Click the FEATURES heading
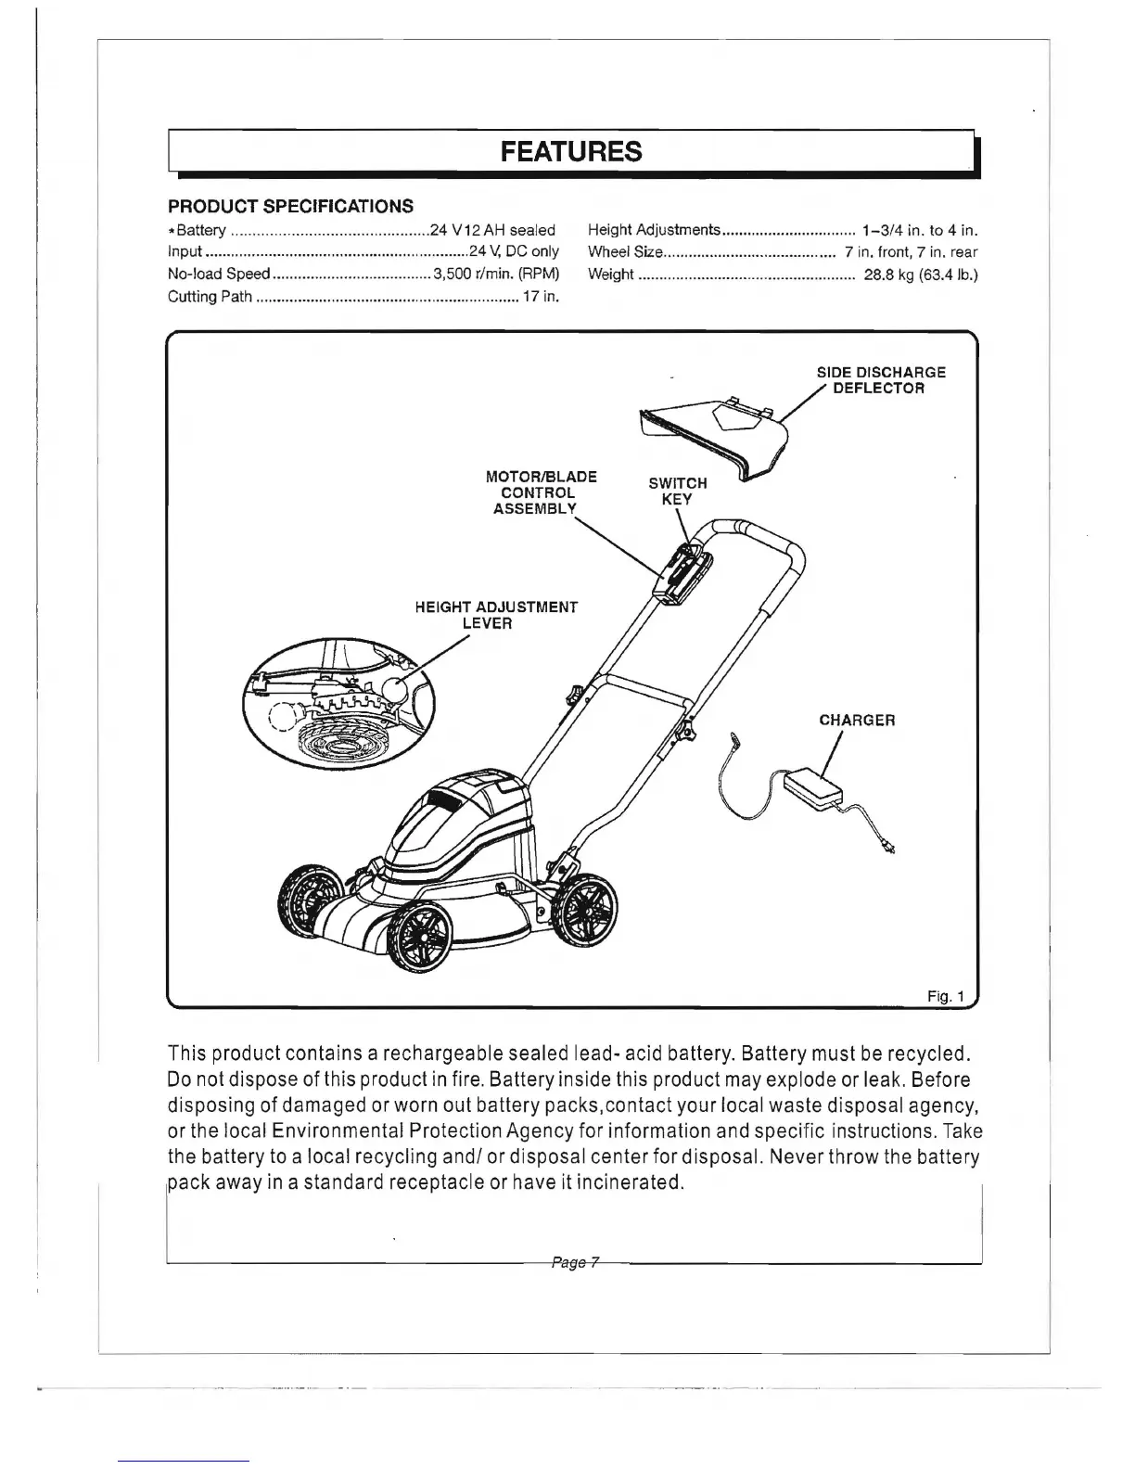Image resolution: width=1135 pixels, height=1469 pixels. (x=570, y=151)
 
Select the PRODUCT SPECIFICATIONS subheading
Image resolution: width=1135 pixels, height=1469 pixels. (x=290, y=206)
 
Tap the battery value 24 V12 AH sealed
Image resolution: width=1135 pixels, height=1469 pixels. (x=492, y=230)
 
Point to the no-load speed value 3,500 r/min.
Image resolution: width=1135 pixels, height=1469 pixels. (x=495, y=275)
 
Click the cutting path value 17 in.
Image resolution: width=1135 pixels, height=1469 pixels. (x=539, y=297)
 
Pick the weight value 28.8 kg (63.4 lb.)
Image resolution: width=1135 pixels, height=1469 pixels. (x=920, y=275)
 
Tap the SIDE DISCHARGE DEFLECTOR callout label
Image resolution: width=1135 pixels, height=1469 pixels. (x=880, y=380)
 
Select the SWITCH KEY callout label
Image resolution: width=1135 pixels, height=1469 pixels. (x=677, y=491)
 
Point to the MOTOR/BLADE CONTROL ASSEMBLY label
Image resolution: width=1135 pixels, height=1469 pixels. (x=541, y=492)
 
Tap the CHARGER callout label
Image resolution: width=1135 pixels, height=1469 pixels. (x=857, y=721)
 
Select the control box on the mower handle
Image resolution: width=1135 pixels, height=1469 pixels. (x=682, y=575)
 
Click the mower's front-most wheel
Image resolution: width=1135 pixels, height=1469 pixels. (x=423, y=939)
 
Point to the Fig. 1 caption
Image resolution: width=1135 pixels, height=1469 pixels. (x=946, y=997)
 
